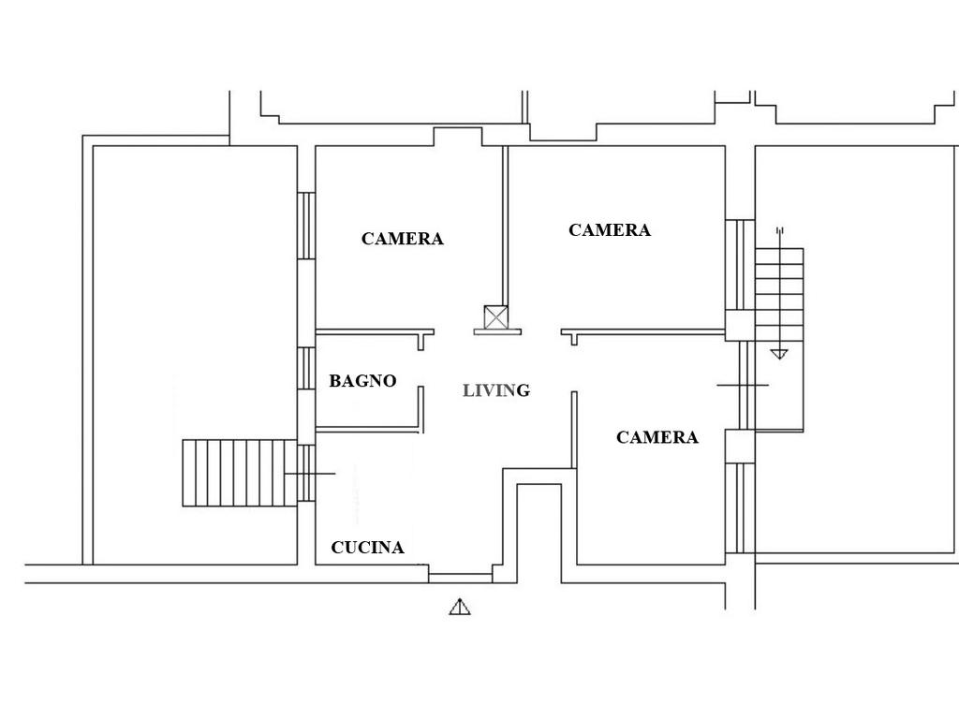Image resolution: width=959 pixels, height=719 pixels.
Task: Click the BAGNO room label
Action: point(362,381)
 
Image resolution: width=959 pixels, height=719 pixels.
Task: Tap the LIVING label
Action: point(496,390)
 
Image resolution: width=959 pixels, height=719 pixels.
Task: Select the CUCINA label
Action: point(367,547)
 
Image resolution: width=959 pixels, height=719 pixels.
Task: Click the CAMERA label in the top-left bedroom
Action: point(403,239)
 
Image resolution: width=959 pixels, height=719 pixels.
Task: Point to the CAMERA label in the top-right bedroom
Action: point(610,230)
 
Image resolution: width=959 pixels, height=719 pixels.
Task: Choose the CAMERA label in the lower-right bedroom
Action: point(657,437)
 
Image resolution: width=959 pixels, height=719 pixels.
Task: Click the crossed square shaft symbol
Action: point(496,317)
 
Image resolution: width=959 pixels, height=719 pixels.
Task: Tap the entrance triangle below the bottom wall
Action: point(460,607)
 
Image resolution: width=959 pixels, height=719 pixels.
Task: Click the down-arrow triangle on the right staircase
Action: point(779,353)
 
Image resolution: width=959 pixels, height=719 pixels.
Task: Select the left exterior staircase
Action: point(240,473)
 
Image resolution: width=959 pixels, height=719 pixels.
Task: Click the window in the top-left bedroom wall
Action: point(306,226)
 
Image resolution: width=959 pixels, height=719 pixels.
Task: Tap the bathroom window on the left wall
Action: point(306,369)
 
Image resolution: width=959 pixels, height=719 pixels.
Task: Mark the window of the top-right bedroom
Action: point(740,265)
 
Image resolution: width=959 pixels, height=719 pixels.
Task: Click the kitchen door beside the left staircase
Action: point(306,473)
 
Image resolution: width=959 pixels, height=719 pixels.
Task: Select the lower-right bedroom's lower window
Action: point(740,508)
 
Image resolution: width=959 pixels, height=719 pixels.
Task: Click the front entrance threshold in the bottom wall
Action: point(460,578)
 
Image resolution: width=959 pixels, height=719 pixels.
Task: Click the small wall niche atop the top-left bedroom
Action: point(458,137)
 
